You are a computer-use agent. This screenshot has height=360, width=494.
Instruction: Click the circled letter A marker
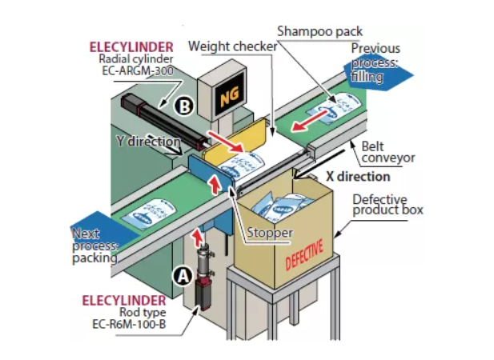[x=183, y=275]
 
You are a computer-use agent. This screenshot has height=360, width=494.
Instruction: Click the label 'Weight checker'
[x=232, y=46]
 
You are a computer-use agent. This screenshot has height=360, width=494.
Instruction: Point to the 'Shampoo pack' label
[x=319, y=31]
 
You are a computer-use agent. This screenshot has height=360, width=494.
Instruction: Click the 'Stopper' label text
[x=270, y=233]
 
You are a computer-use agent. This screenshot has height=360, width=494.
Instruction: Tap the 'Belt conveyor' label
[x=388, y=152]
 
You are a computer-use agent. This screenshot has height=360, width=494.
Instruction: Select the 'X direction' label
[x=358, y=176]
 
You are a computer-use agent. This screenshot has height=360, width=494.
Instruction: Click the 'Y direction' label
[x=149, y=141]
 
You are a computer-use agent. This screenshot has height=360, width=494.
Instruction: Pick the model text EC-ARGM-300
[x=136, y=70]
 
